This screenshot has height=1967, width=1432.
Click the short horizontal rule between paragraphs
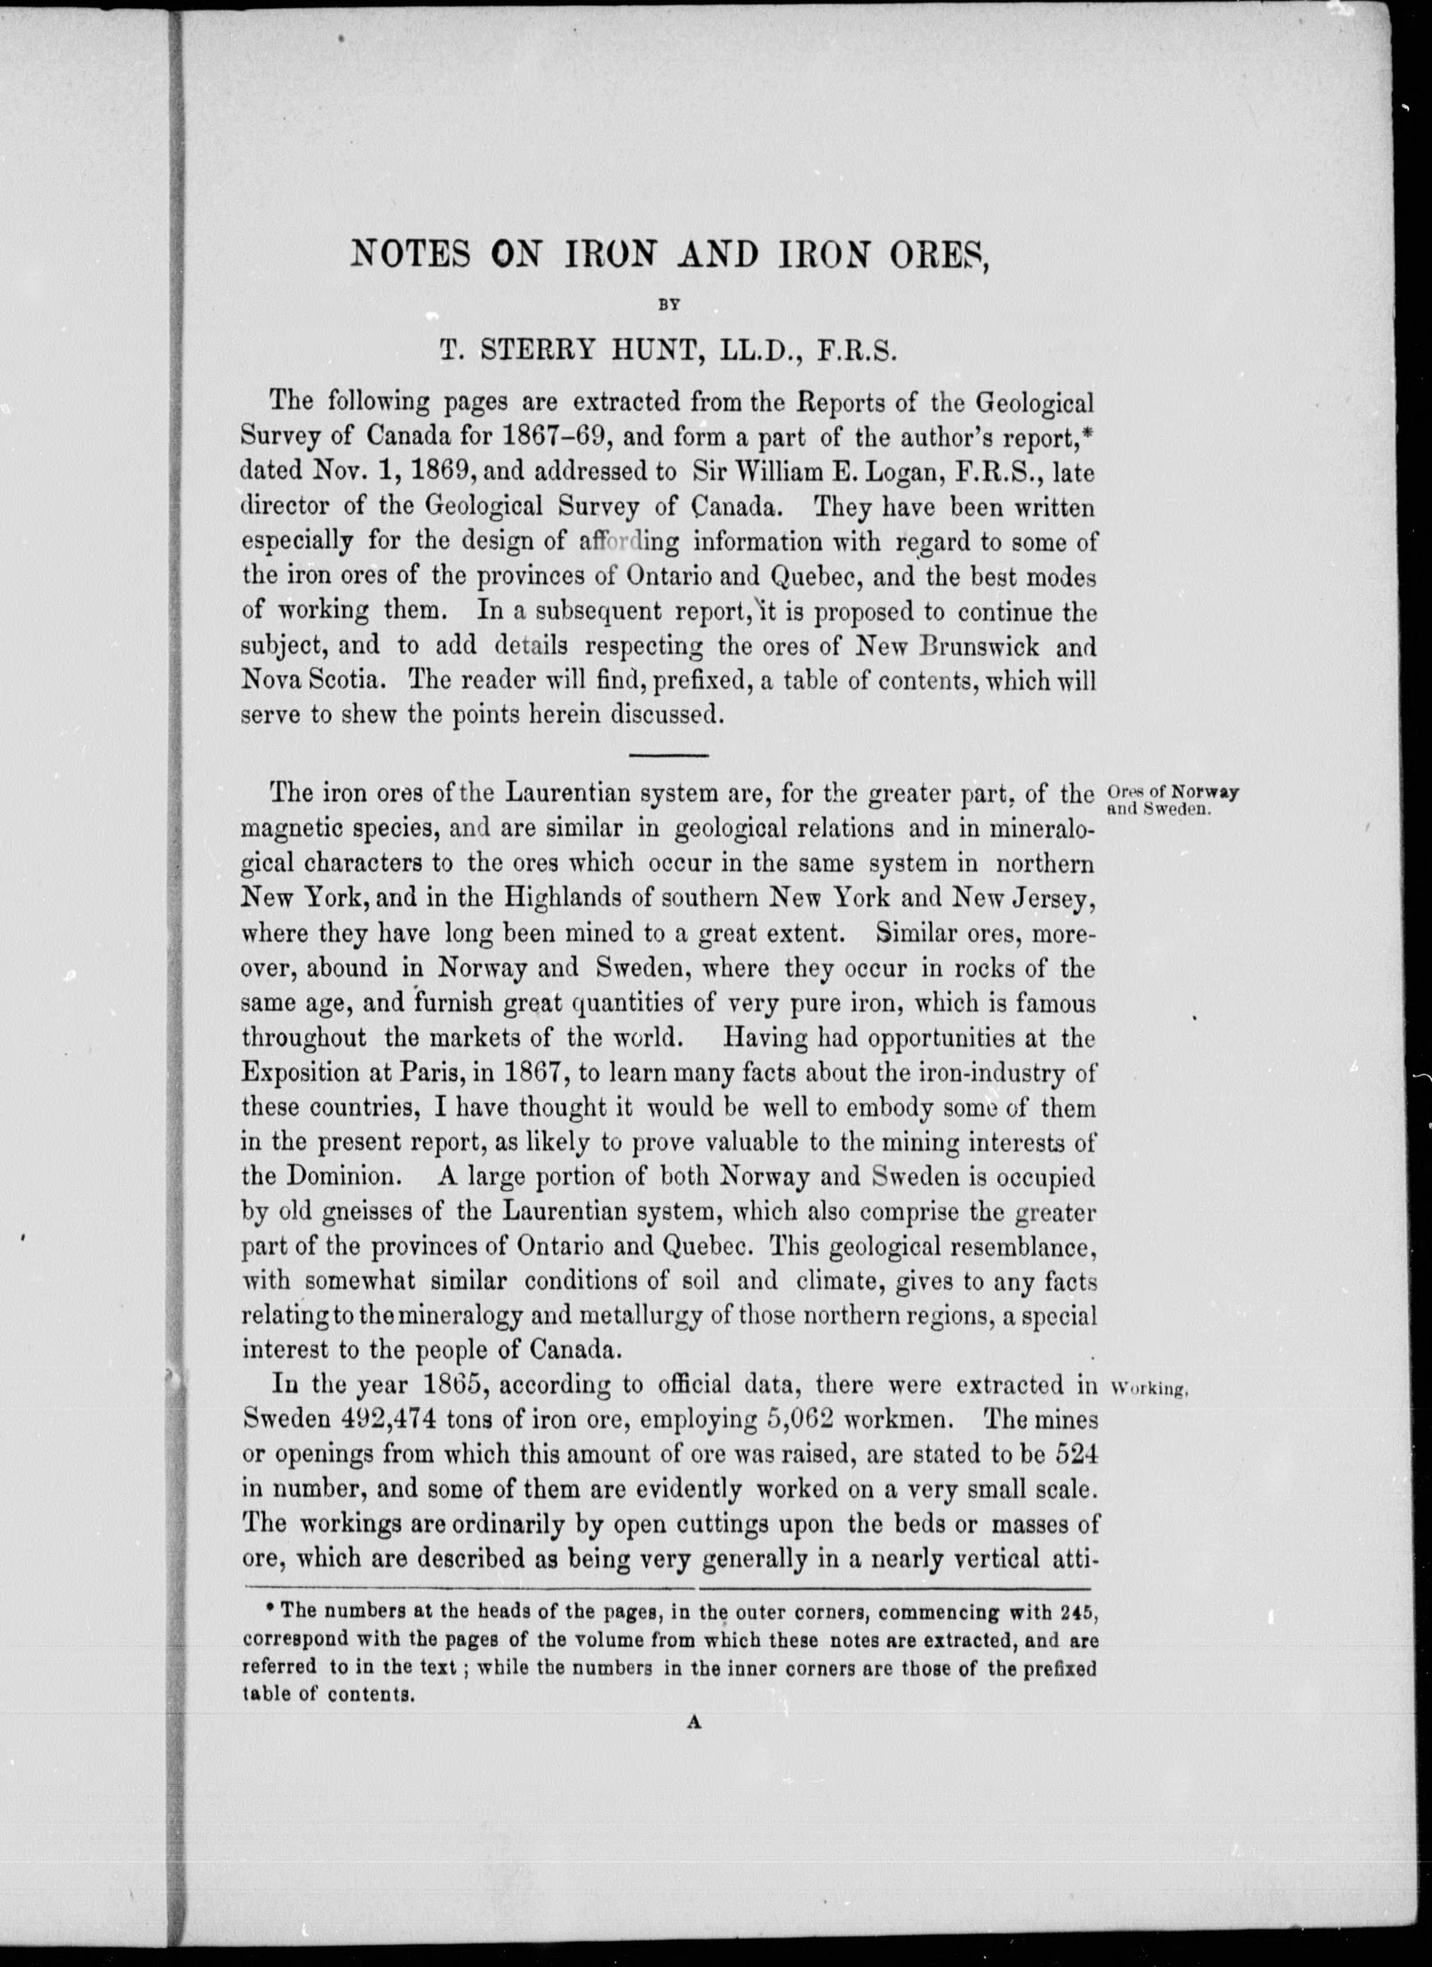click(668, 755)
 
